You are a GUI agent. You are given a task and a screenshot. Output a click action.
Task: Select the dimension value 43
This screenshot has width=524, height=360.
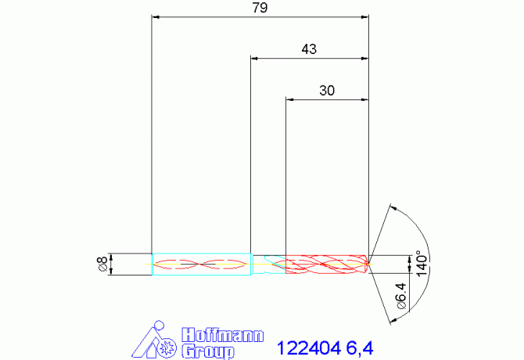click(309, 49)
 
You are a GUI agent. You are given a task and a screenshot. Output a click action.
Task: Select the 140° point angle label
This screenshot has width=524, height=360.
click(420, 264)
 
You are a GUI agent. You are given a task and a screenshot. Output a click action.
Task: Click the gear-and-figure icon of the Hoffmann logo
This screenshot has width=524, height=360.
click(160, 341)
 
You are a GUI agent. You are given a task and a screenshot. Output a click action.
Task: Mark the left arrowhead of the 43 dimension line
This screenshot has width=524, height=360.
click(254, 58)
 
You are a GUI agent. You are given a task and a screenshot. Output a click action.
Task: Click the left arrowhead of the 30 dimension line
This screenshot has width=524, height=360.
click(290, 99)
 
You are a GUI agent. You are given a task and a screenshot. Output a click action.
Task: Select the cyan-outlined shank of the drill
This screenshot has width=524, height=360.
click(200, 265)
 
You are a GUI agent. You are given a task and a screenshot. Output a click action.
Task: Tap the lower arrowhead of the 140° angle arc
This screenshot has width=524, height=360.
click(392, 320)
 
